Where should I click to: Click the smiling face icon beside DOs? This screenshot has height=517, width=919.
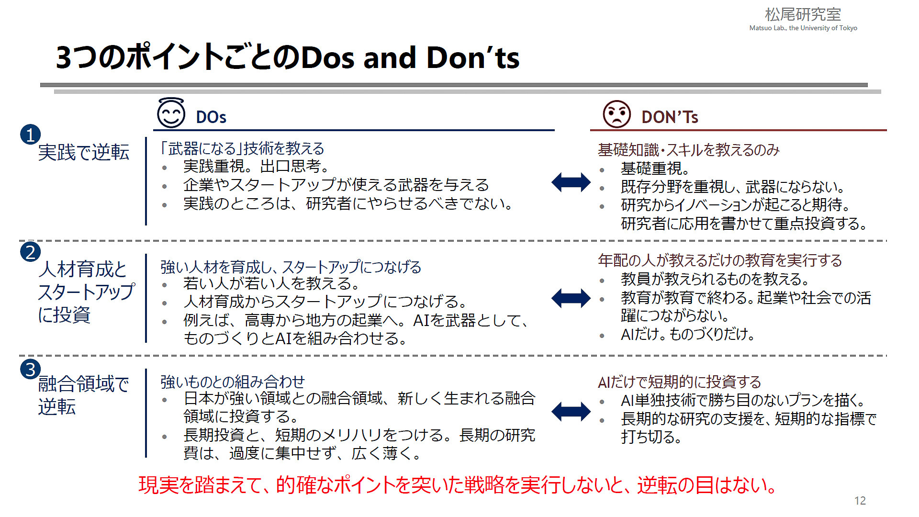point(171,113)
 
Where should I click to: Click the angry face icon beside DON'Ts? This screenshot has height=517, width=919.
point(616,114)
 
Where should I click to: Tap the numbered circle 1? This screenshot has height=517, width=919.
point(30,135)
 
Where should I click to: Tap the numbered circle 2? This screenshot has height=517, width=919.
point(30,252)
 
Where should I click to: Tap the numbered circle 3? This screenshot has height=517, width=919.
point(30,369)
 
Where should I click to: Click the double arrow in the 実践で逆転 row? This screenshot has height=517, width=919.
point(571,182)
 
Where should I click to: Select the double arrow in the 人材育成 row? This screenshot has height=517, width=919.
point(571,298)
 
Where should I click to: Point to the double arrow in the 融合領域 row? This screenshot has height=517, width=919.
point(571,411)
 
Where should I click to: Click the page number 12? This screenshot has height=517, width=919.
point(860,501)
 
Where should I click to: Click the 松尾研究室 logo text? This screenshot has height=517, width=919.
point(803,14)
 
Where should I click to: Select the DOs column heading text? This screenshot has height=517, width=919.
point(211,117)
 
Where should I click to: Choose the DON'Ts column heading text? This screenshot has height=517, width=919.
point(670,117)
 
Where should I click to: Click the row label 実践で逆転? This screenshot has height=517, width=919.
point(84,152)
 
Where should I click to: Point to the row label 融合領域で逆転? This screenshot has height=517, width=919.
point(83,395)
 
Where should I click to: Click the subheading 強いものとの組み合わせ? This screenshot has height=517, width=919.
point(233,382)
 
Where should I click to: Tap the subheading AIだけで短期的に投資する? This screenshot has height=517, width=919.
point(679,382)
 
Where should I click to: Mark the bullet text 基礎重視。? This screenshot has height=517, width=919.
point(655,169)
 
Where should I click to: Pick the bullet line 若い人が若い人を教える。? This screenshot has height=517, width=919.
point(271,283)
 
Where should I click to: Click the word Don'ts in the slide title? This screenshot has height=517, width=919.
point(472,57)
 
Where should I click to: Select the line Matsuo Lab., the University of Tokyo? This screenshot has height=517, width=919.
point(803,28)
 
